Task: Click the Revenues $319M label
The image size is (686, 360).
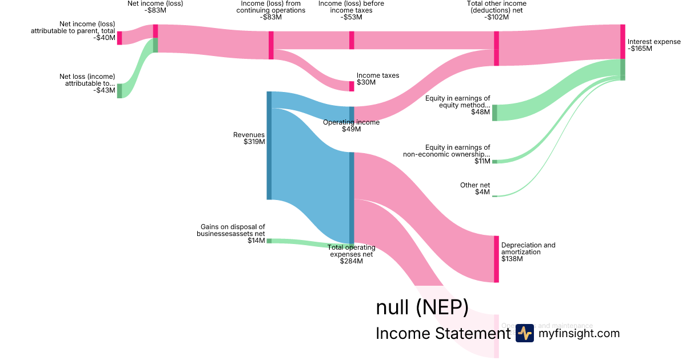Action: pyautogui.click(x=249, y=138)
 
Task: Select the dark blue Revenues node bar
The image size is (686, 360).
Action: pyautogui.click(x=269, y=145)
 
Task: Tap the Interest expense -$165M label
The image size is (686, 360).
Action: pyautogui.click(x=654, y=45)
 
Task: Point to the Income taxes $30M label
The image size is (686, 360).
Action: pyautogui.click(x=377, y=79)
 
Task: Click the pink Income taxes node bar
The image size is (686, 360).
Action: pyautogui.click(x=352, y=86)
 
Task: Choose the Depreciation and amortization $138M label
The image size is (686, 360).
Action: pyautogui.click(x=528, y=252)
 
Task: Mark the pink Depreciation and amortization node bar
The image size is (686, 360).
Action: pyautogui.click(x=496, y=259)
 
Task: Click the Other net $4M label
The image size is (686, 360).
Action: pyautogui.click(x=475, y=189)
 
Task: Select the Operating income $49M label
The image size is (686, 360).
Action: pyautogui.click(x=351, y=126)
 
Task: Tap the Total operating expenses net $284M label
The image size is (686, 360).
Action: pyautogui.click(x=351, y=254)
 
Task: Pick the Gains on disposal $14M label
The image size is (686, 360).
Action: pyautogui.click(x=231, y=234)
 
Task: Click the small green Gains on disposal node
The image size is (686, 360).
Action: pyautogui.click(x=269, y=241)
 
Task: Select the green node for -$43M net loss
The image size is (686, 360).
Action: pyautogui.click(x=119, y=91)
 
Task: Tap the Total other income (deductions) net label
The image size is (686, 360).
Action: pyautogui.click(x=496, y=10)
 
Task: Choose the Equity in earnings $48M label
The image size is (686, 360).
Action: pyautogui.click(x=458, y=105)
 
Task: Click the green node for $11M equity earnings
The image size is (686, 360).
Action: pyautogui.click(x=494, y=162)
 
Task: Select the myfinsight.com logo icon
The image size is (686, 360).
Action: pyautogui.click(x=524, y=333)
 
